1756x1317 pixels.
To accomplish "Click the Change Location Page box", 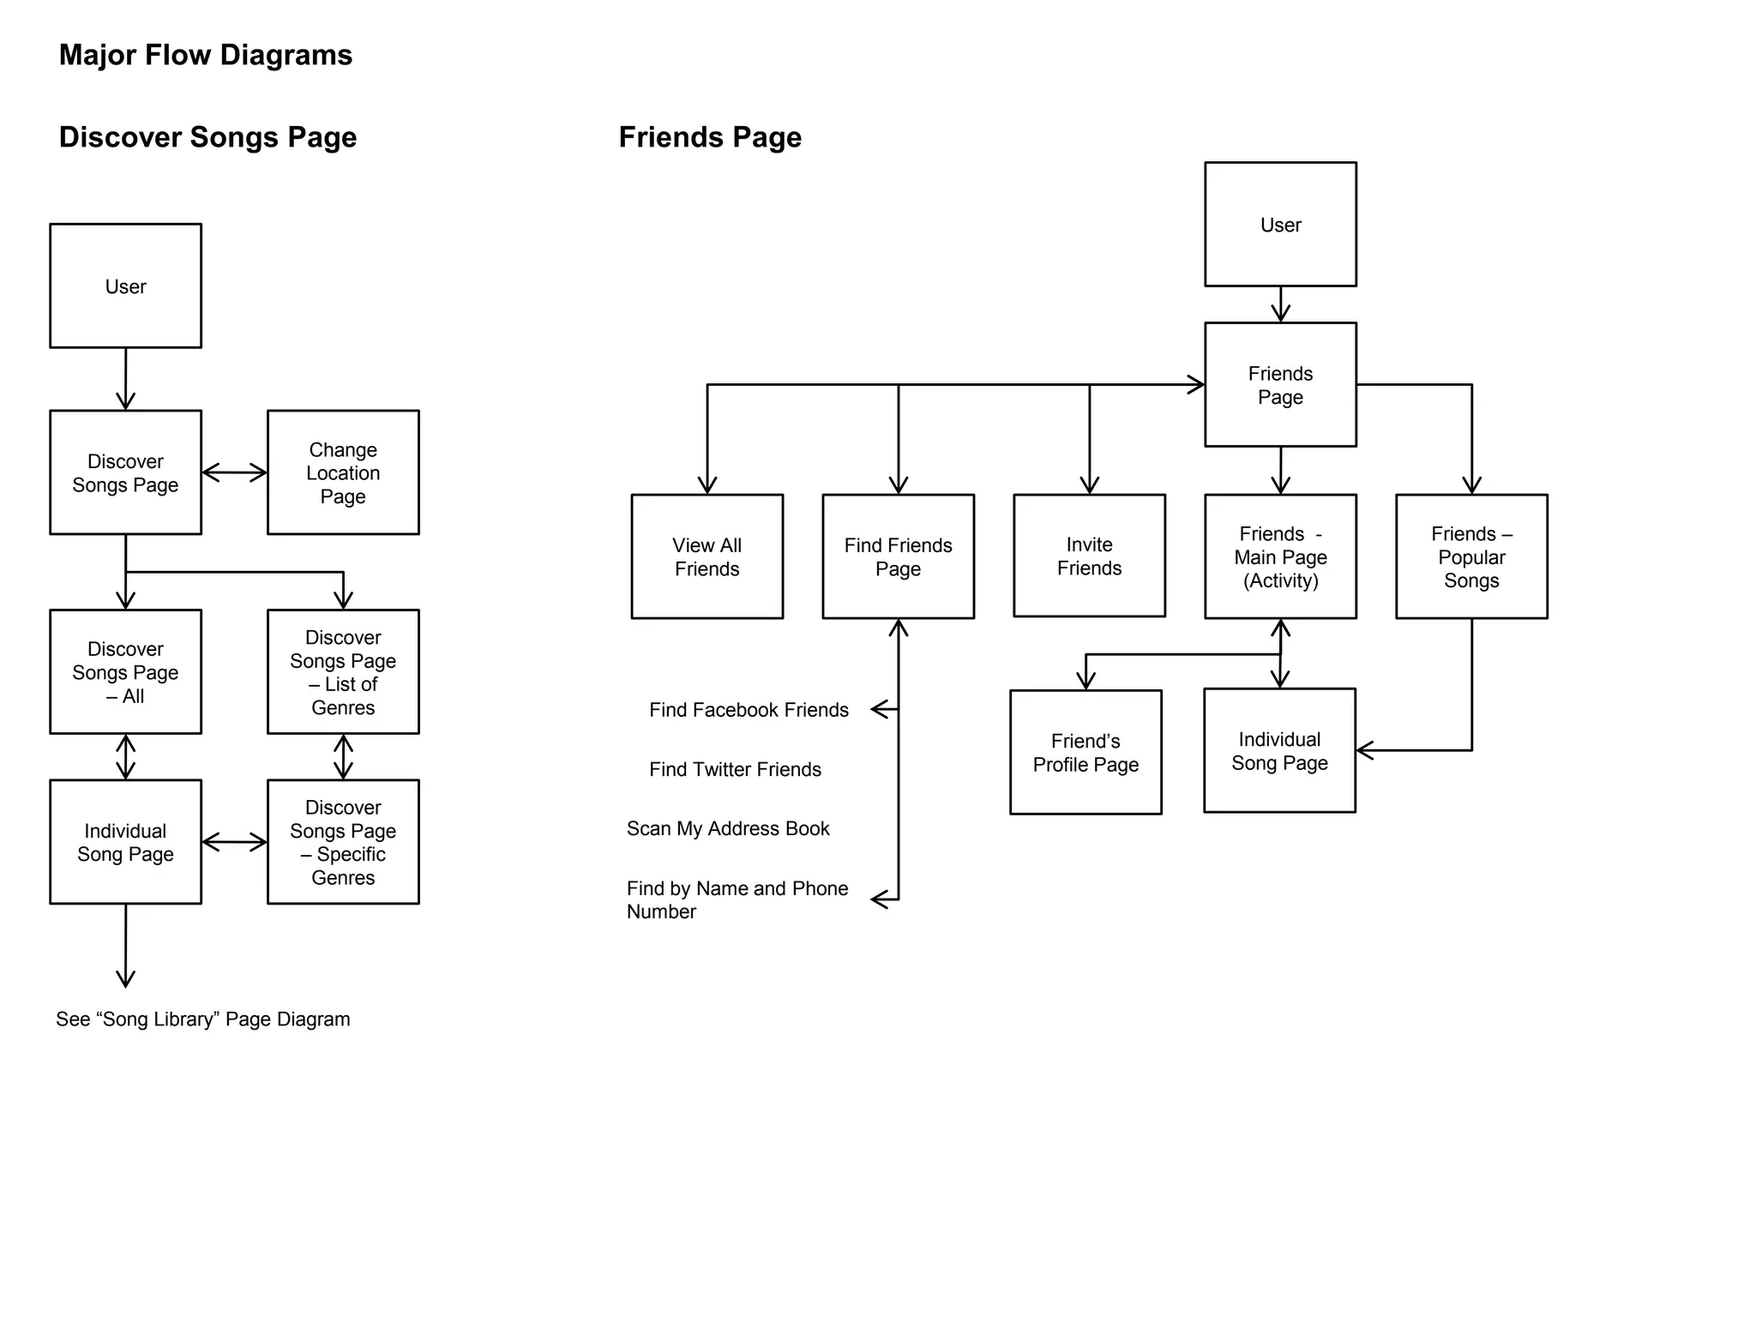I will point(343,472).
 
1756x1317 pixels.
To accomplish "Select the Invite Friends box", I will point(1089,556).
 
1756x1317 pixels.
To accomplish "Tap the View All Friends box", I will point(707,556).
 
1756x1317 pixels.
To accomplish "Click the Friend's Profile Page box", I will point(1085,752).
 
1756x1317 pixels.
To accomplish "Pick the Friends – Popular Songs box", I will point(1471,556).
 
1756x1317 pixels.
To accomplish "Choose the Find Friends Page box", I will point(898,556).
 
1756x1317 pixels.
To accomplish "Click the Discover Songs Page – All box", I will point(125,671).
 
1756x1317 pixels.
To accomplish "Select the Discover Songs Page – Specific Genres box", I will point(343,841).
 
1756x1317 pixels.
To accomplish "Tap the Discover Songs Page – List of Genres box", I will point(343,671).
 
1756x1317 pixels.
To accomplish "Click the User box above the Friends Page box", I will point(1280,225).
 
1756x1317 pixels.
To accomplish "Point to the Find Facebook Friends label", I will point(749,710).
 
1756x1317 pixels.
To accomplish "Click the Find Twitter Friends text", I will point(735,769).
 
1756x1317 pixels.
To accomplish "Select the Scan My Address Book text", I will point(728,828).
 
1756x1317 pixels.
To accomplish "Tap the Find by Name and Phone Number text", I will point(737,899).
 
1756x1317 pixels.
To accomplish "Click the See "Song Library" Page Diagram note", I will point(203,1019).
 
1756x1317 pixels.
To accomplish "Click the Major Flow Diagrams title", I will point(206,55).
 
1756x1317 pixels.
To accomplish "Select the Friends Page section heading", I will point(710,137).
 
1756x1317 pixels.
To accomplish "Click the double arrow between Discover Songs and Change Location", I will point(234,472).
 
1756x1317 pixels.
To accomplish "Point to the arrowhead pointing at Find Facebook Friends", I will point(878,709).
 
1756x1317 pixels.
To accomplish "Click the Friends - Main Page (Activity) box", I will point(1280,556).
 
